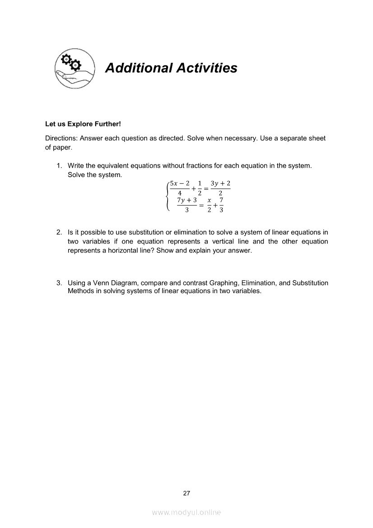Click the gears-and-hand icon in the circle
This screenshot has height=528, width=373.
(x=75, y=69)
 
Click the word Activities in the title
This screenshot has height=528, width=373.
(x=206, y=68)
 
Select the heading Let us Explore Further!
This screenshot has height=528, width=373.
(x=83, y=124)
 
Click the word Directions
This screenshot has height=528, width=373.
(x=61, y=138)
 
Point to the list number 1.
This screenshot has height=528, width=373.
(x=59, y=166)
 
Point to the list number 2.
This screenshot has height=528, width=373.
(x=59, y=233)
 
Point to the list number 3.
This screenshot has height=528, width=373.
(x=59, y=283)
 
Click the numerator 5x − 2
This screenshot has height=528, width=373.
(x=180, y=184)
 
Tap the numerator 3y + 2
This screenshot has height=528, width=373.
(x=220, y=184)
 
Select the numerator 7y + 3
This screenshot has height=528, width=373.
(x=187, y=200)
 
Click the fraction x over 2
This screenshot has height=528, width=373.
(x=209, y=205)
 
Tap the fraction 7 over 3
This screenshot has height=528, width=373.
(x=221, y=205)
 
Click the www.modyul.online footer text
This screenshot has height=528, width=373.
(x=186, y=513)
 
